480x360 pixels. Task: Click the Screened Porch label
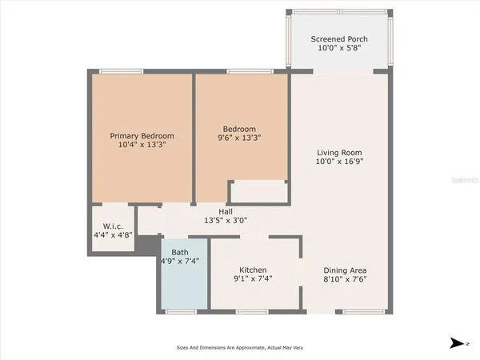coord(339,39)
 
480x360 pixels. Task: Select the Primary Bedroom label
coord(142,136)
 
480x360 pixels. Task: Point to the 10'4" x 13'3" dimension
coord(142,146)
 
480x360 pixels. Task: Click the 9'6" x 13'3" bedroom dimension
coord(239,138)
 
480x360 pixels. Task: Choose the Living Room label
coord(339,152)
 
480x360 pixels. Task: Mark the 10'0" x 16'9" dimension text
coord(339,162)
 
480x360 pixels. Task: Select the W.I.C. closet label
coord(106,226)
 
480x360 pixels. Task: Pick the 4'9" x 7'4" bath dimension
coord(181,262)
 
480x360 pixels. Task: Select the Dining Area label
coord(345,270)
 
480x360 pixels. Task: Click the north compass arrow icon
coord(458,342)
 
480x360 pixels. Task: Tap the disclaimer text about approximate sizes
coord(240,347)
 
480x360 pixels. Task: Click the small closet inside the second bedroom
coord(258,192)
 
